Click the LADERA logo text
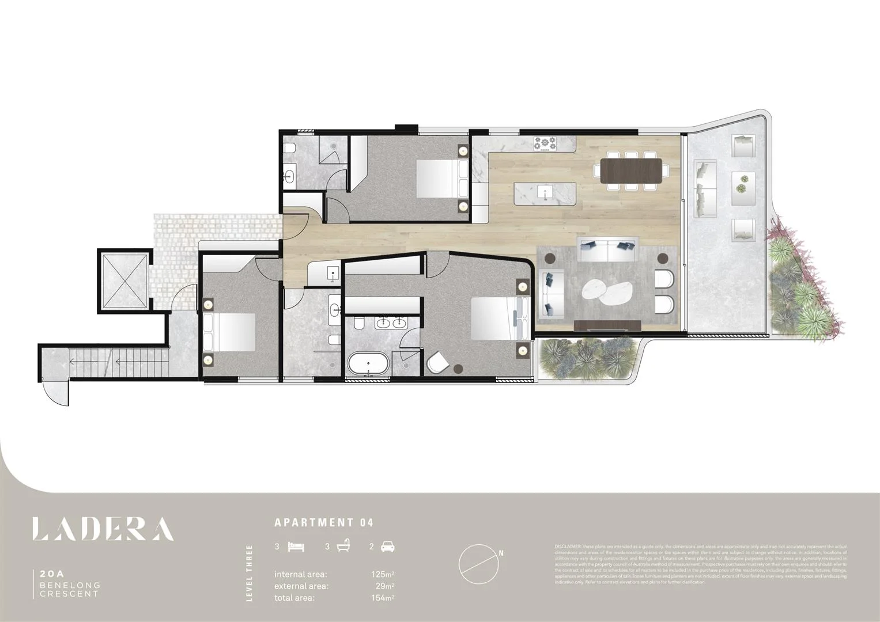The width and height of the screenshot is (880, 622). click(x=103, y=529)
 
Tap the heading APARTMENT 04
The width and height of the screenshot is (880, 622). click(x=324, y=523)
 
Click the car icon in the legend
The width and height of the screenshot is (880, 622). click(x=388, y=547)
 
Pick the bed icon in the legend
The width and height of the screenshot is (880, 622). click(x=296, y=547)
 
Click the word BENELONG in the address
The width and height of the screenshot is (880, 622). click(x=70, y=585)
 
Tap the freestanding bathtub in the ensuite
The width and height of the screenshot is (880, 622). click(x=368, y=364)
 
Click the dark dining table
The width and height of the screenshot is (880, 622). click(x=632, y=171)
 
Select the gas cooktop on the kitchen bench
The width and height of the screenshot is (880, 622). click(x=545, y=142)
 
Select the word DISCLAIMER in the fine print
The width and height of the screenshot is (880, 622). click(x=568, y=545)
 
